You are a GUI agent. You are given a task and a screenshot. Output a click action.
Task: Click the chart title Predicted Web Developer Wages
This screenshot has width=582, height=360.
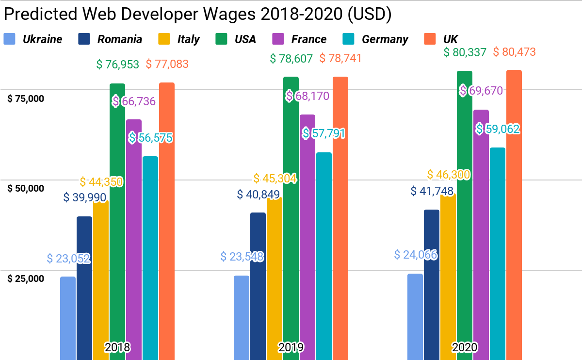click(x=197, y=14)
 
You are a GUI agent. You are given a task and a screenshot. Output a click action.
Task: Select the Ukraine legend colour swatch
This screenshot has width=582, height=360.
click(x=10, y=39)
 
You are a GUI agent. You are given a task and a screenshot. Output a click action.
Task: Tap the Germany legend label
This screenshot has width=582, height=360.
click(x=385, y=39)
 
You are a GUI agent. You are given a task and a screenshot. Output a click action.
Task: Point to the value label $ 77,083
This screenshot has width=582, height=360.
click(x=167, y=64)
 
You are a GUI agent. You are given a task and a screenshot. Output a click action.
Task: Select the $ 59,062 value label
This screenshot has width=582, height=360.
click(x=498, y=129)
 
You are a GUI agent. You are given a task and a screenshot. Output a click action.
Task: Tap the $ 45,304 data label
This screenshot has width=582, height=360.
click(x=275, y=179)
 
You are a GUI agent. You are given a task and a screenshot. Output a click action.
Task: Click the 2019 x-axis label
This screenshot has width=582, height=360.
click(x=291, y=347)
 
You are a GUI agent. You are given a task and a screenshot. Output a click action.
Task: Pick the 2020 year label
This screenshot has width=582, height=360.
click(x=465, y=347)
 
